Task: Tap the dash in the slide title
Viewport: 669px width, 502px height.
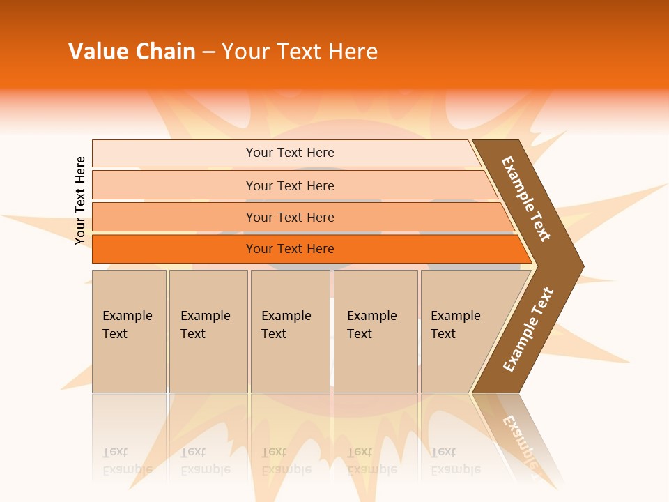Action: pos(208,52)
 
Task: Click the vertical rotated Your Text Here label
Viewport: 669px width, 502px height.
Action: pos(80,200)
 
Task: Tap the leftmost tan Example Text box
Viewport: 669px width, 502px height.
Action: pos(129,349)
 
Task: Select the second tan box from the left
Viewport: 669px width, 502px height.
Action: pos(208,349)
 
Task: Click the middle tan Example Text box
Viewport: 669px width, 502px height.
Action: pos(290,349)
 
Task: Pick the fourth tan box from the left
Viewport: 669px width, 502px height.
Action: pos(376,349)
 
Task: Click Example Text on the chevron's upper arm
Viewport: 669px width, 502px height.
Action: pos(526,199)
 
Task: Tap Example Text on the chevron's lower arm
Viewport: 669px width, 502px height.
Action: pos(528,330)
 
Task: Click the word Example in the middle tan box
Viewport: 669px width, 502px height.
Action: pos(286,316)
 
